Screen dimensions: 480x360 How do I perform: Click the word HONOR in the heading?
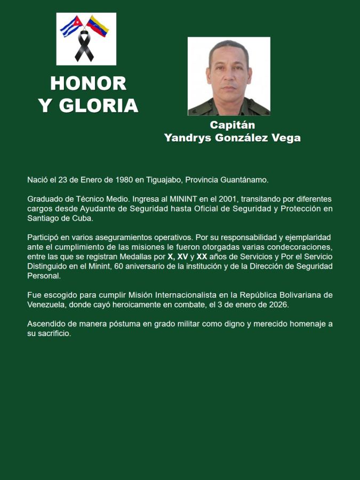pos(89,83)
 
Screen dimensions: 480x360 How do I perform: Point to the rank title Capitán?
pos(232,125)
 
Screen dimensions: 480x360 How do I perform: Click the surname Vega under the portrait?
pos(286,138)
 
